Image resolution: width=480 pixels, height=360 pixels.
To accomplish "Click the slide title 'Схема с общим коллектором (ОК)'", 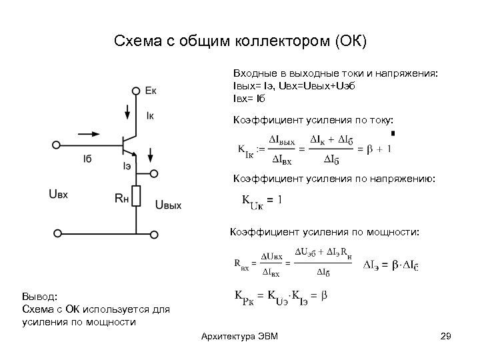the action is pyautogui.click(x=240, y=41).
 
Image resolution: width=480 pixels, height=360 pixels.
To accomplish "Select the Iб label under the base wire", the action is pyautogui.click(x=88, y=158).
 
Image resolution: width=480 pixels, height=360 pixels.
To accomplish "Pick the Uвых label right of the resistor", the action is pyautogui.click(x=168, y=205).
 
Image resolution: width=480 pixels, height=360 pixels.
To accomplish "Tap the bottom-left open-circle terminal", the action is pyautogui.click(x=57, y=233).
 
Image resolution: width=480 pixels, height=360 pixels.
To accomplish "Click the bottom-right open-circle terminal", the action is pyautogui.click(x=155, y=233).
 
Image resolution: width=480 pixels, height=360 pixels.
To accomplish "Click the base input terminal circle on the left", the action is pyautogui.click(x=57, y=144).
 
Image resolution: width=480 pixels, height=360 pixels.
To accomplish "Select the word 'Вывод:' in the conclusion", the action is pyautogui.click(x=40, y=296).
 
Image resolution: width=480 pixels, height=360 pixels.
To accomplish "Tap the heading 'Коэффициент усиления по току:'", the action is pyautogui.click(x=313, y=119).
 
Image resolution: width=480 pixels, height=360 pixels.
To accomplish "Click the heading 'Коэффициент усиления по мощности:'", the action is pyautogui.click(x=325, y=233).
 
